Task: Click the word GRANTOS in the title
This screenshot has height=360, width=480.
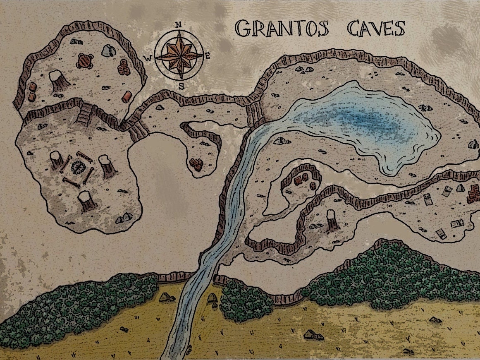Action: (282, 28)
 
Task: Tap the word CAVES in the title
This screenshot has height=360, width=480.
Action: (375, 28)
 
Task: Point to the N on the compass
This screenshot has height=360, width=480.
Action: (179, 25)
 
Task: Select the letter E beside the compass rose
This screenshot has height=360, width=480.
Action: (208, 57)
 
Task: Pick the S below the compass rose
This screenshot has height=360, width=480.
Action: (181, 86)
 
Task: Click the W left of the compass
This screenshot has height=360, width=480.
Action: (148, 58)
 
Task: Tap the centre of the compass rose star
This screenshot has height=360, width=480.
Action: (179, 56)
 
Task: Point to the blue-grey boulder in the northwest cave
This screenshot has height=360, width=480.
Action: (108, 50)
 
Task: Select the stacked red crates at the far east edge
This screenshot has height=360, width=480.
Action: (473, 194)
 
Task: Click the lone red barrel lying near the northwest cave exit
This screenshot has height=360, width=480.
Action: (127, 96)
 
